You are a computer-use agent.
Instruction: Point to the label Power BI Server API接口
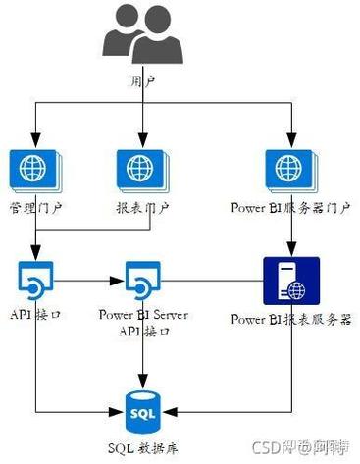pyautogui.click(x=144, y=325)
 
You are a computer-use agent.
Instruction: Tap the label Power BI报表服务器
pyautogui.click(x=290, y=320)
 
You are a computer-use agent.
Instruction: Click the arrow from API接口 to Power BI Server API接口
pyautogui.click(x=90, y=279)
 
